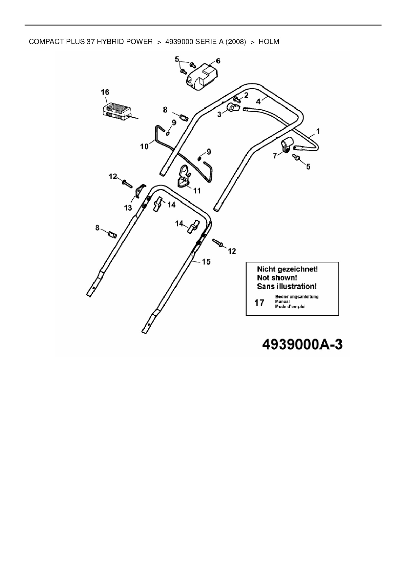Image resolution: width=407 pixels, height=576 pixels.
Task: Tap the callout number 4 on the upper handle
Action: [259, 101]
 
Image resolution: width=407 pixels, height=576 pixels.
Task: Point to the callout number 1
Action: [318, 131]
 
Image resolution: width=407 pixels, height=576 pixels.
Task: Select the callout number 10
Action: [144, 146]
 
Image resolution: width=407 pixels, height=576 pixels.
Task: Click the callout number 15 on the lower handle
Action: [206, 262]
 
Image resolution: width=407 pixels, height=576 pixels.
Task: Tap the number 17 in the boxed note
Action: [259, 302]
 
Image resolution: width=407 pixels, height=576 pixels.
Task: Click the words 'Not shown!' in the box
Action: [277, 277]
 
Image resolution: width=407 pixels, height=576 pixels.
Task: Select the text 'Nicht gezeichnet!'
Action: [287, 269]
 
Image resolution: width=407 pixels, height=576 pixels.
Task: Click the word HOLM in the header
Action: [269, 42]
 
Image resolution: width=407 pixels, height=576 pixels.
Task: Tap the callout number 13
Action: [128, 208]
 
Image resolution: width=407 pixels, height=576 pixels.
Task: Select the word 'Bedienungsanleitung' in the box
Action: [297, 297]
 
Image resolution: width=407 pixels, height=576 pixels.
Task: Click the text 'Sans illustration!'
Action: [287, 286]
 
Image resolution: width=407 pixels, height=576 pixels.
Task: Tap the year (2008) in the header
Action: [235, 42]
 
